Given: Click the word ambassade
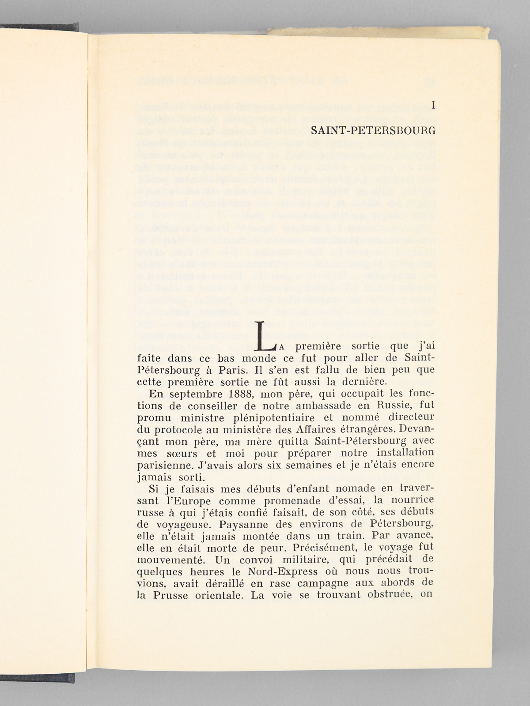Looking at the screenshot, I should coord(318,406).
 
